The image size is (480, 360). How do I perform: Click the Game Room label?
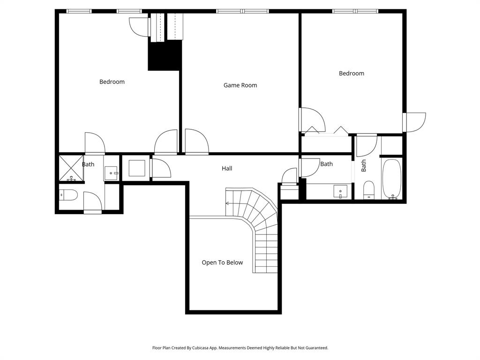click(x=240, y=85)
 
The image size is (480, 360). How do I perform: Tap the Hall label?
click(x=227, y=168)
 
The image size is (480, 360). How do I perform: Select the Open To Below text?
click(x=222, y=262)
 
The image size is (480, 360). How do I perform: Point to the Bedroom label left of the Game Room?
click(x=112, y=82)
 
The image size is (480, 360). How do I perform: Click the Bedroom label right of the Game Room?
click(x=352, y=73)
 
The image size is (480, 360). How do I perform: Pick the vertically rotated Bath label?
click(x=364, y=165)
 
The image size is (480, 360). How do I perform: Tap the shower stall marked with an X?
click(x=71, y=168)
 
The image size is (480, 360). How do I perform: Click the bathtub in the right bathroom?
click(x=392, y=180)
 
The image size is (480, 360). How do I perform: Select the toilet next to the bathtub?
click(x=369, y=190)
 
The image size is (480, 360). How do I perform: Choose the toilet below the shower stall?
click(x=69, y=195)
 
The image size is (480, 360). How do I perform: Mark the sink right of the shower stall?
click(x=112, y=173)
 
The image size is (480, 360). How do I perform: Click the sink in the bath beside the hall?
click(x=340, y=192)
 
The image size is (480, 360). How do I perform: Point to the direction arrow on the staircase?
click(x=228, y=203)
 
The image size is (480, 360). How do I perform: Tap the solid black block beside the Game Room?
click(x=165, y=55)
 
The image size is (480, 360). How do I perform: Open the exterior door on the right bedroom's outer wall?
click(x=415, y=122)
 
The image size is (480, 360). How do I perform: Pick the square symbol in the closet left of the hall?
click(x=137, y=168)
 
